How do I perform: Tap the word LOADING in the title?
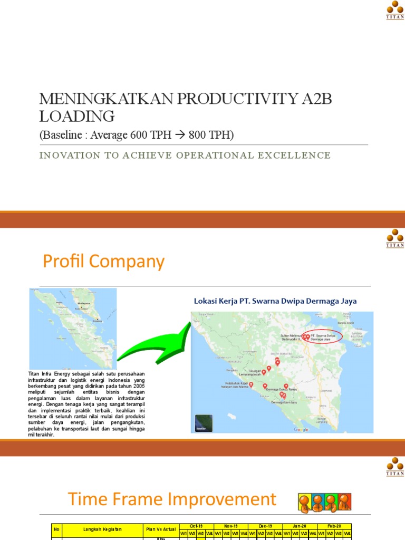(x=76, y=116)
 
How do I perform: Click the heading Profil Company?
(x=103, y=262)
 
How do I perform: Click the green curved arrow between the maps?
(x=153, y=345)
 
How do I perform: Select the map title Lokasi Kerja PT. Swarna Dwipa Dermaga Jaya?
(x=275, y=301)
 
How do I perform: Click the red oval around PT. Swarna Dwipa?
(x=322, y=337)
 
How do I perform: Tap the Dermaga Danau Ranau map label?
(x=279, y=389)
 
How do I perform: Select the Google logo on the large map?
(x=301, y=430)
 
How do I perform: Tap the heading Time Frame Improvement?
(x=171, y=499)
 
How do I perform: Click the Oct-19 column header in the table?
(x=196, y=526)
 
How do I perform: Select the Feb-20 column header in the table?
(x=334, y=526)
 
